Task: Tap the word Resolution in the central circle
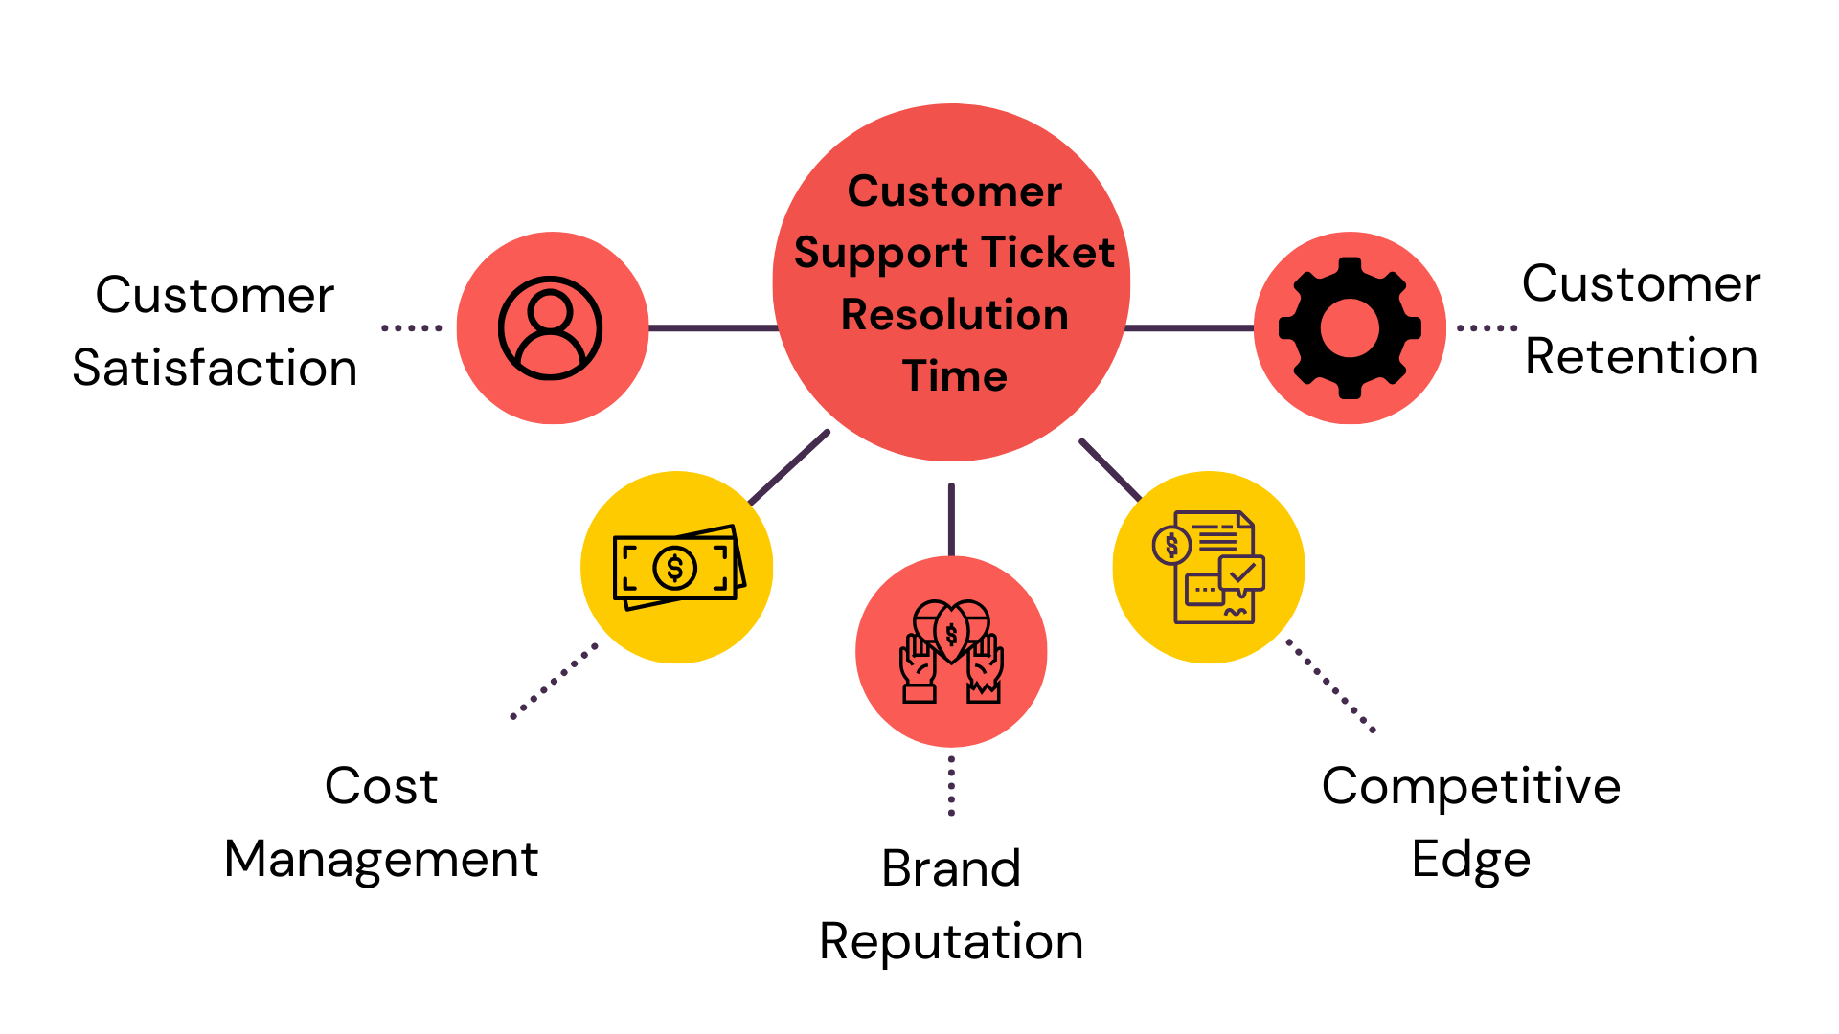click(954, 315)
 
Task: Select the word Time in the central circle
click(954, 375)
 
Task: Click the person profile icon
click(550, 328)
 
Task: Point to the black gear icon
click(1350, 328)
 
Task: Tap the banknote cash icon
click(678, 568)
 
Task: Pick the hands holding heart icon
click(951, 652)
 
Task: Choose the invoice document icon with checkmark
click(1209, 567)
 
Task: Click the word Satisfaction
click(215, 368)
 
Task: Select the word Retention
click(1641, 356)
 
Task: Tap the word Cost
click(381, 786)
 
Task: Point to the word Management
click(381, 859)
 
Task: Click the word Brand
click(951, 868)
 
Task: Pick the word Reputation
click(951, 941)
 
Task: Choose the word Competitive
click(1470, 786)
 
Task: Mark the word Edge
click(1470, 859)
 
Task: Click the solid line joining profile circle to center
click(713, 328)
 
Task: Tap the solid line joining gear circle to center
click(1189, 328)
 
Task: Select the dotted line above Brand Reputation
click(951, 786)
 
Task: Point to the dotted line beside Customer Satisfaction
click(412, 328)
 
